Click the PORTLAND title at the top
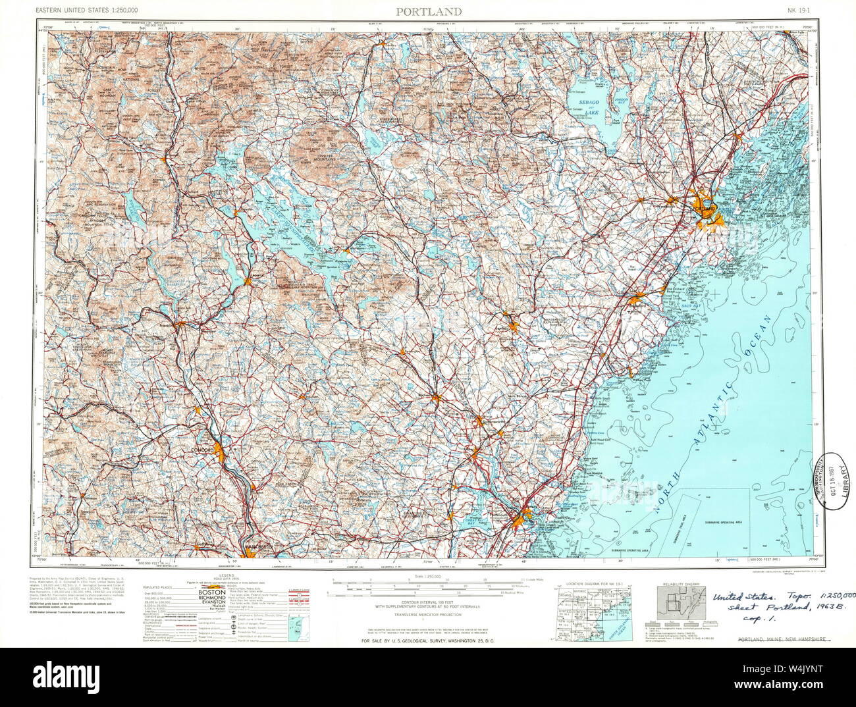428,11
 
